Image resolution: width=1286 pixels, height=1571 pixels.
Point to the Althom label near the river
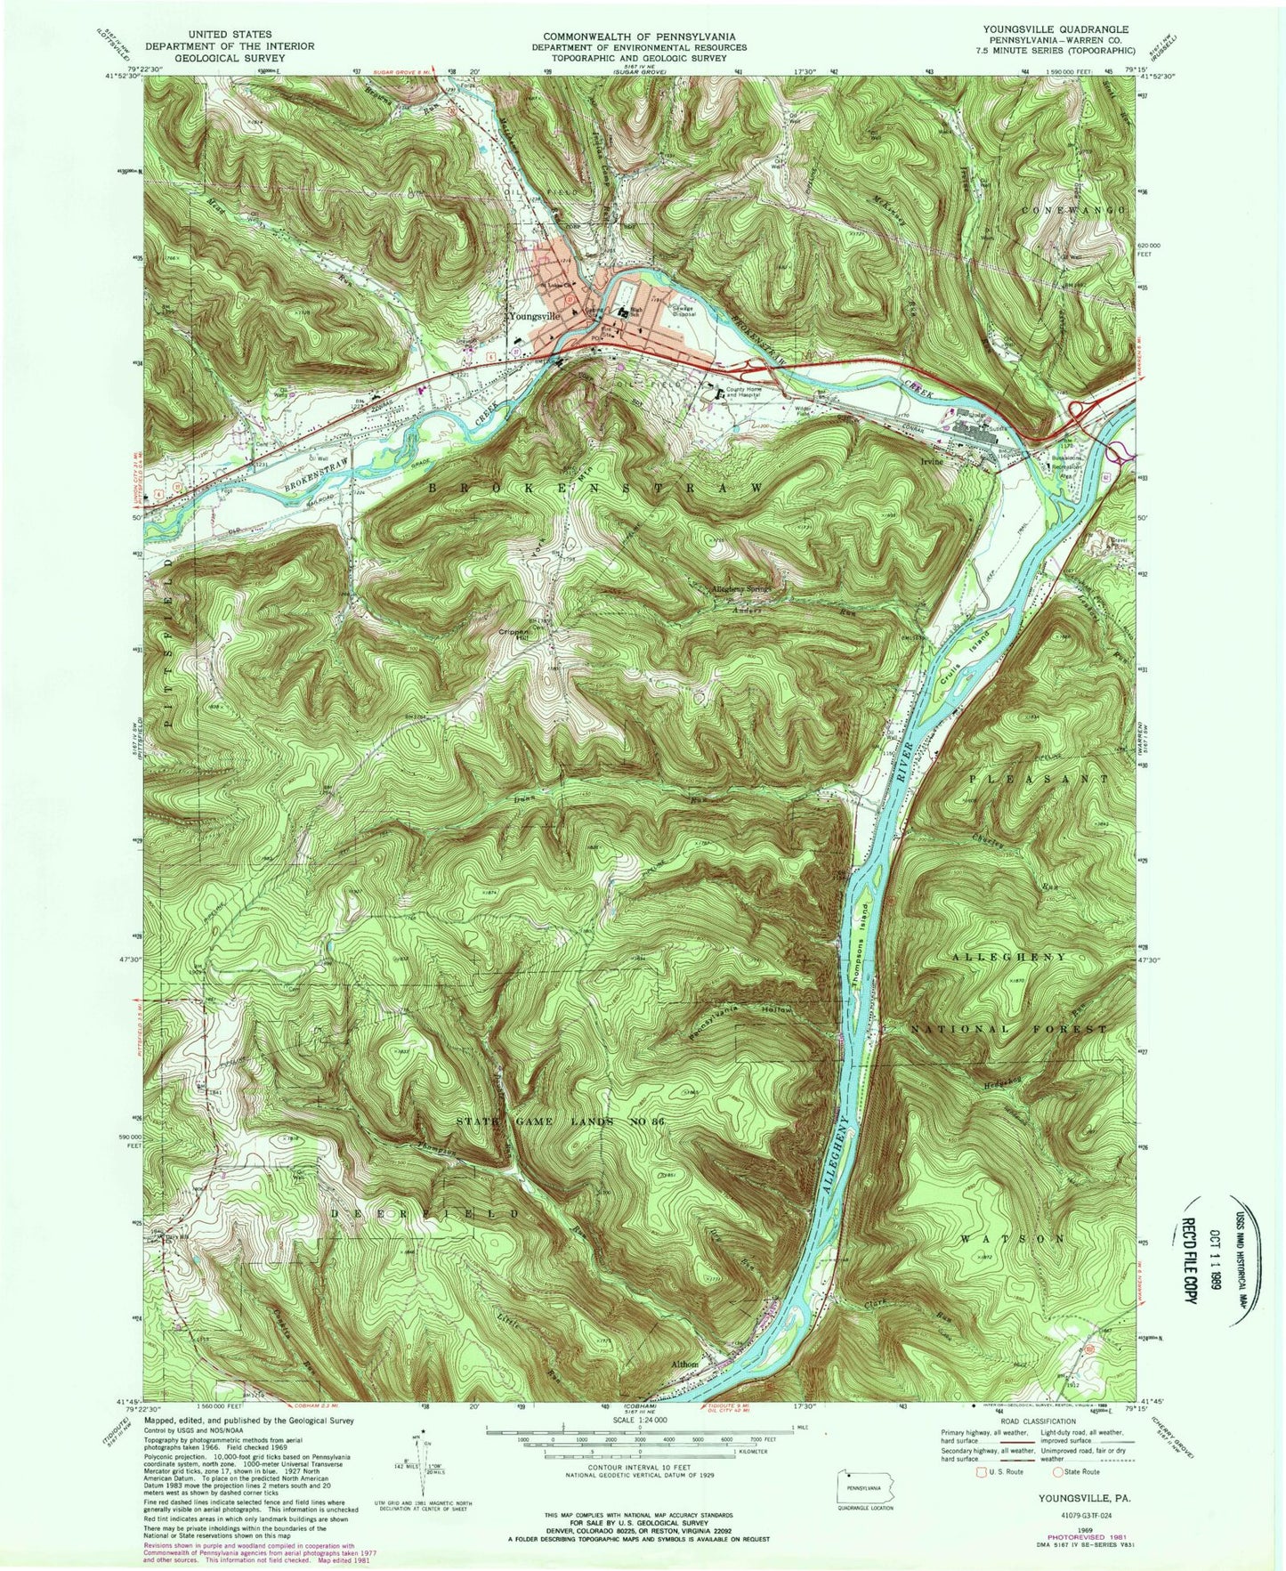(x=686, y=1364)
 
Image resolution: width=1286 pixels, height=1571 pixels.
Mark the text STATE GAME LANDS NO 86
(x=560, y=1122)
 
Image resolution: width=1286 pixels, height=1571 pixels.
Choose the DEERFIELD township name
(x=424, y=1214)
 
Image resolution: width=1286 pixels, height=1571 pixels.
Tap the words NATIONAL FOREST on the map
(x=1009, y=1029)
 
